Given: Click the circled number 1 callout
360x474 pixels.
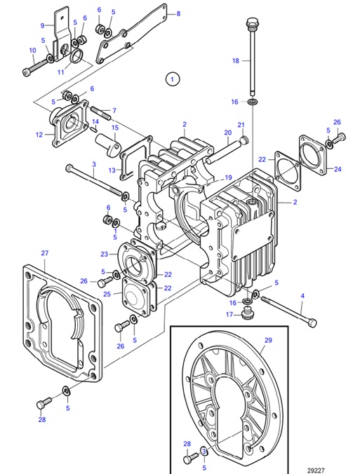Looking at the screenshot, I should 173,78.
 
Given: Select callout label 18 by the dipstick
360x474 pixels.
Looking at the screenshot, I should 236,61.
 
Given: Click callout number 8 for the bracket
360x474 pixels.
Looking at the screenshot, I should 178,13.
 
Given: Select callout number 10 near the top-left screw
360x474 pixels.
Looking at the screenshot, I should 32,50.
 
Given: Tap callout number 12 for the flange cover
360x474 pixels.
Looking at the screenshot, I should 39,135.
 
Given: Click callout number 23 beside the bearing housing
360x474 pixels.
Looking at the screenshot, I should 104,254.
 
